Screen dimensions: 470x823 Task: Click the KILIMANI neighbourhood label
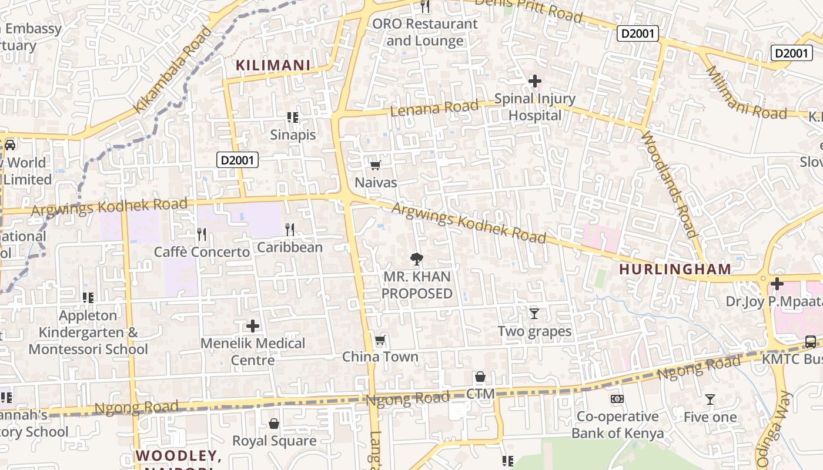point(273,65)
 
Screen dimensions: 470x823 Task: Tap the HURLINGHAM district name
point(675,270)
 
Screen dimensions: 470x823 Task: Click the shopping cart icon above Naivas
point(376,166)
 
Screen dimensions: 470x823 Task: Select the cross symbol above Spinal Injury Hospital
point(534,81)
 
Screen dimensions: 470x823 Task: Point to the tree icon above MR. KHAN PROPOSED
point(417,258)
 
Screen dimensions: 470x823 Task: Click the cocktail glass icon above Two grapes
point(534,313)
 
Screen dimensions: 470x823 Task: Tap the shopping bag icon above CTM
point(480,377)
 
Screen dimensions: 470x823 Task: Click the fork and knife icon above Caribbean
point(289,229)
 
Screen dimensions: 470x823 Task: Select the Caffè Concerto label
point(202,252)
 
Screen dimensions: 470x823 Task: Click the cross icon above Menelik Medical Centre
point(253,325)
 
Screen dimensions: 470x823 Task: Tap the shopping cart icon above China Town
point(380,340)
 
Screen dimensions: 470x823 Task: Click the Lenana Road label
point(434,108)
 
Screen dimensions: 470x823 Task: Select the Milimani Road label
point(745,94)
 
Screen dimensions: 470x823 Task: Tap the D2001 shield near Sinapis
point(237,159)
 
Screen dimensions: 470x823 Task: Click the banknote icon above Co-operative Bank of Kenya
point(617,399)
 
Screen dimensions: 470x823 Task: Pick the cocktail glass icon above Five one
point(710,399)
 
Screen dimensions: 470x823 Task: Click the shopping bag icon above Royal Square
point(274,423)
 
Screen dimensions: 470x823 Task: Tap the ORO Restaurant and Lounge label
point(425,32)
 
